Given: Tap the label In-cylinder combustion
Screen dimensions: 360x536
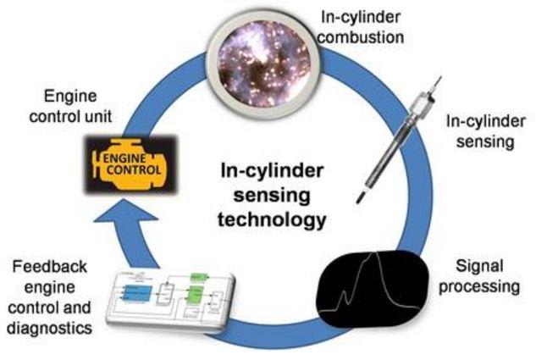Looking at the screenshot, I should (x=369, y=25).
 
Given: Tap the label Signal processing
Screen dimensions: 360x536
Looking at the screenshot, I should (x=481, y=275).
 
